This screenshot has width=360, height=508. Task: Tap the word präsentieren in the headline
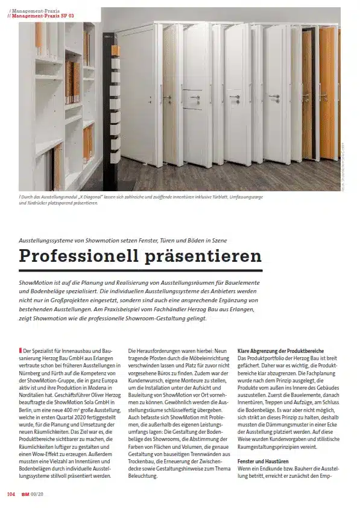coord(204,256)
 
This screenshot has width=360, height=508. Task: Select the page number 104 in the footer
coord(11,494)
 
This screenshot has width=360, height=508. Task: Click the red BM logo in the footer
coord(25,494)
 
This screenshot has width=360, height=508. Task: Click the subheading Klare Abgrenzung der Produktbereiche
coord(280,351)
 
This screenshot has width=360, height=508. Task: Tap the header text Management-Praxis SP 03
coord(42,16)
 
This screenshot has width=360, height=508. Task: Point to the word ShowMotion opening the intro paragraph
coord(36,282)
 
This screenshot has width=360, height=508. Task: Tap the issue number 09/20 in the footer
coord(37,494)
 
